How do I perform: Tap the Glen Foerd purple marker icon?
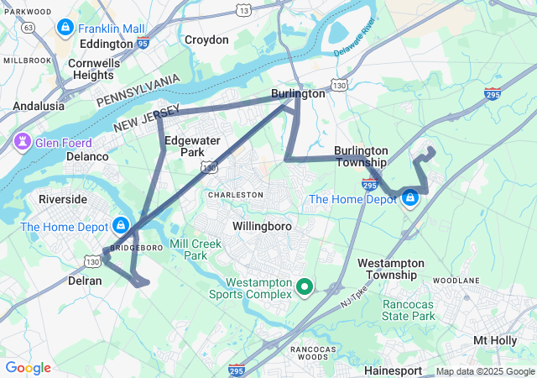23,143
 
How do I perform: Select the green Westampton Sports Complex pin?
305,288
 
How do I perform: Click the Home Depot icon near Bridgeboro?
121,226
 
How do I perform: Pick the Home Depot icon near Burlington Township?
410,198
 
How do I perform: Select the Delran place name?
85,281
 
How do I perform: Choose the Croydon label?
206,39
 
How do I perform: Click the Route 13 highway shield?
243,10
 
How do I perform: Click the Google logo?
28,368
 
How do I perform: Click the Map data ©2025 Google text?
484,371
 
